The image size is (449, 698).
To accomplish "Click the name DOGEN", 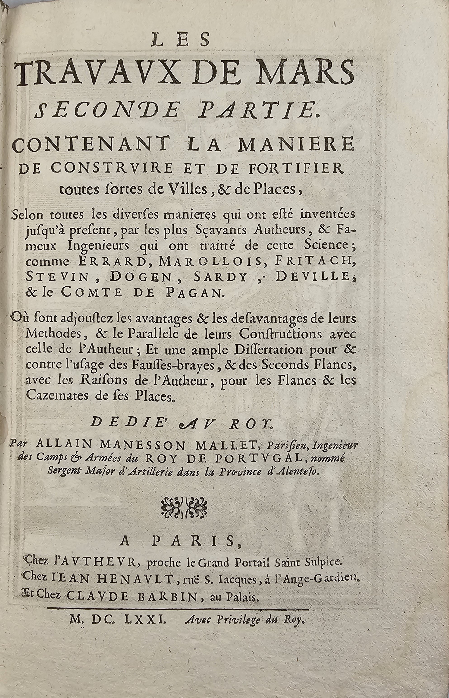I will pos(141,276).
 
